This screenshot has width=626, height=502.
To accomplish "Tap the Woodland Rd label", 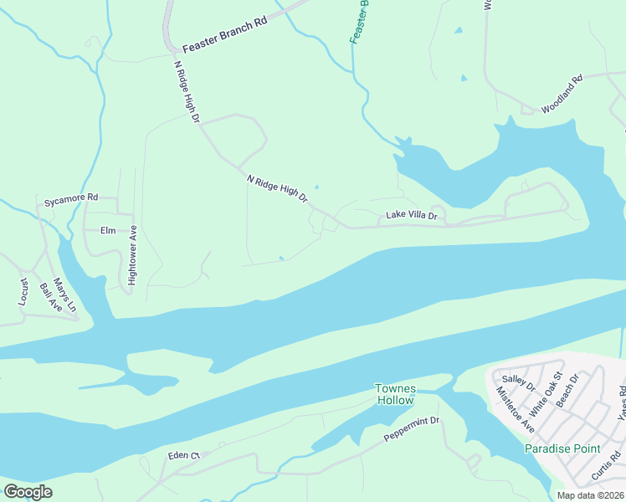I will [561, 96].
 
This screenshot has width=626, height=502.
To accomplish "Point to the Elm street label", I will [107, 230].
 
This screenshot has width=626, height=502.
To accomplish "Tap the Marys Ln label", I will [64, 296].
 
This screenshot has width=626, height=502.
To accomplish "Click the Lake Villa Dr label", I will [411, 216].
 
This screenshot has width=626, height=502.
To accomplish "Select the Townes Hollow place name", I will [394, 394].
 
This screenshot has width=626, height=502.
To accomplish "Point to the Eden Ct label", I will [183, 456].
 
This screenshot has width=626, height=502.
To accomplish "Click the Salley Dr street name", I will [518, 382].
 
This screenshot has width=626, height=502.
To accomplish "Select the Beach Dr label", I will [567, 391].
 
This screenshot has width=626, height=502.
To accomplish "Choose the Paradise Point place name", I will [562, 448].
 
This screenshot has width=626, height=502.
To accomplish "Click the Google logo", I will [28, 492].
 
